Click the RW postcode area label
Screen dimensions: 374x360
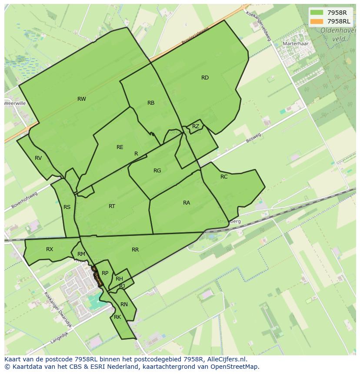[81, 99]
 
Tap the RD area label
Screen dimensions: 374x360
[205, 78]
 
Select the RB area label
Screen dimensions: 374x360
[151, 103]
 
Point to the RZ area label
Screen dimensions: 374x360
[196, 126]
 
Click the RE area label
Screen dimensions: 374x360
[120, 147]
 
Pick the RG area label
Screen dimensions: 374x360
[157, 171]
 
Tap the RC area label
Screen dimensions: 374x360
[224, 177]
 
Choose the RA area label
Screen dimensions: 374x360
[187, 203]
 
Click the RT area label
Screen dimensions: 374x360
[112, 206]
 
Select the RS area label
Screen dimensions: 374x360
[67, 207]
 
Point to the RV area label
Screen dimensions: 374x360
[38, 158]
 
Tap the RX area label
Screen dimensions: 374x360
[50, 249]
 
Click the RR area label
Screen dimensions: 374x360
[135, 250]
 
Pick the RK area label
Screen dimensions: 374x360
[117, 317]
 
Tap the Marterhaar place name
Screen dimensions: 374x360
[295, 44]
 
